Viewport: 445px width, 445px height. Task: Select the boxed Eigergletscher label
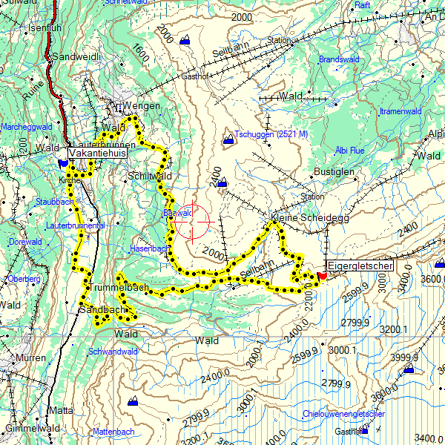(360, 265)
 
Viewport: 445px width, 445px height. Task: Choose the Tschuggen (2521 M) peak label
(271, 134)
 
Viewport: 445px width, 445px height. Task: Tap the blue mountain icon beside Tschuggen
(228, 139)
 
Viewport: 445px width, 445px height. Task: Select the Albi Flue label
(349, 150)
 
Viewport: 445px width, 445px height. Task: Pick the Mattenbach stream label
(113, 431)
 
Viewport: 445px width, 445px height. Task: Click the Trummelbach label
(118, 287)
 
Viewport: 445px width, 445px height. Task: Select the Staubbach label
(54, 201)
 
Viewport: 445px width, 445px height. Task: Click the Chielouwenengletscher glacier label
(343, 413)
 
